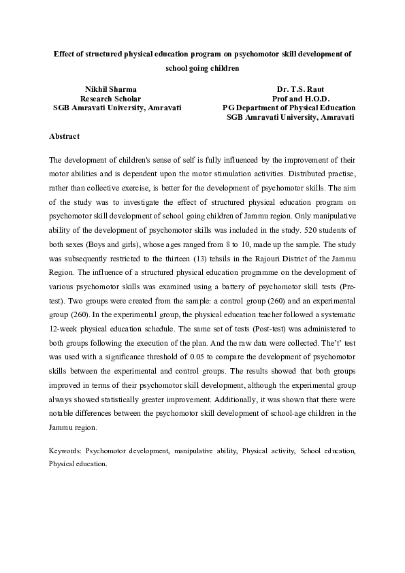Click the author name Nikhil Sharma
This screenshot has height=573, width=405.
tap(110, 89)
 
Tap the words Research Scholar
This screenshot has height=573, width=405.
tap(110, 99)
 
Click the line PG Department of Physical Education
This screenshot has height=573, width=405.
tap(289, 108)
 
